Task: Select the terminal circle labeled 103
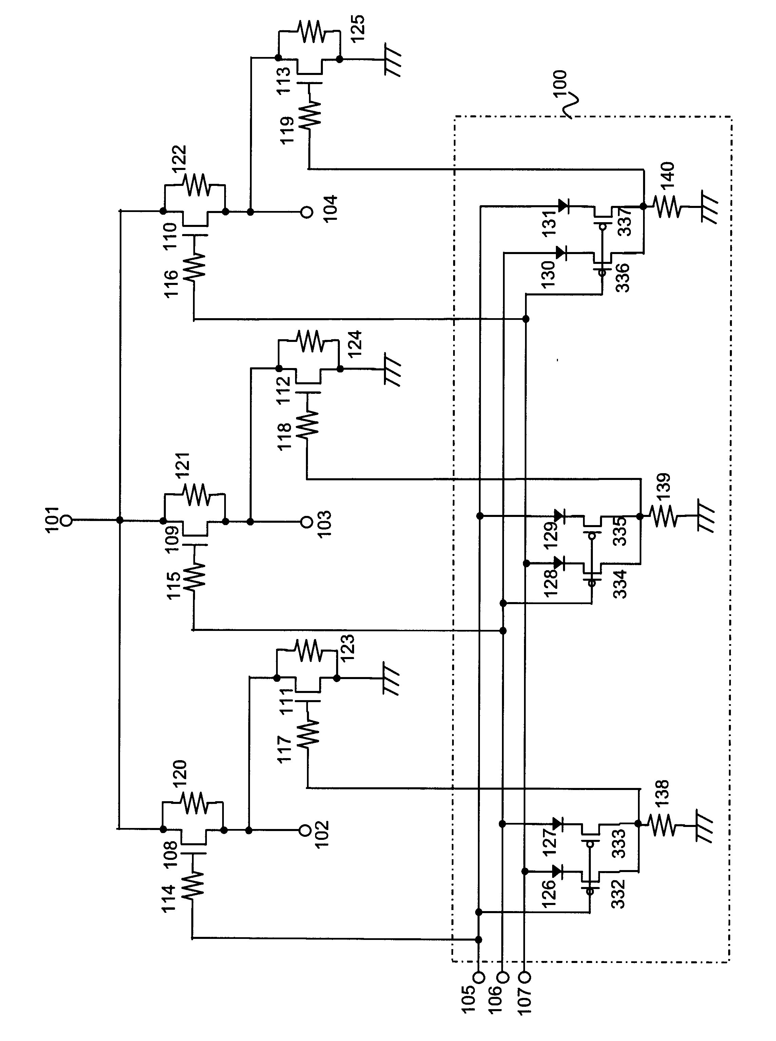point(306,521)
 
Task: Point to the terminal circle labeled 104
point(306,212)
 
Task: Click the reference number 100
point(560,84)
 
